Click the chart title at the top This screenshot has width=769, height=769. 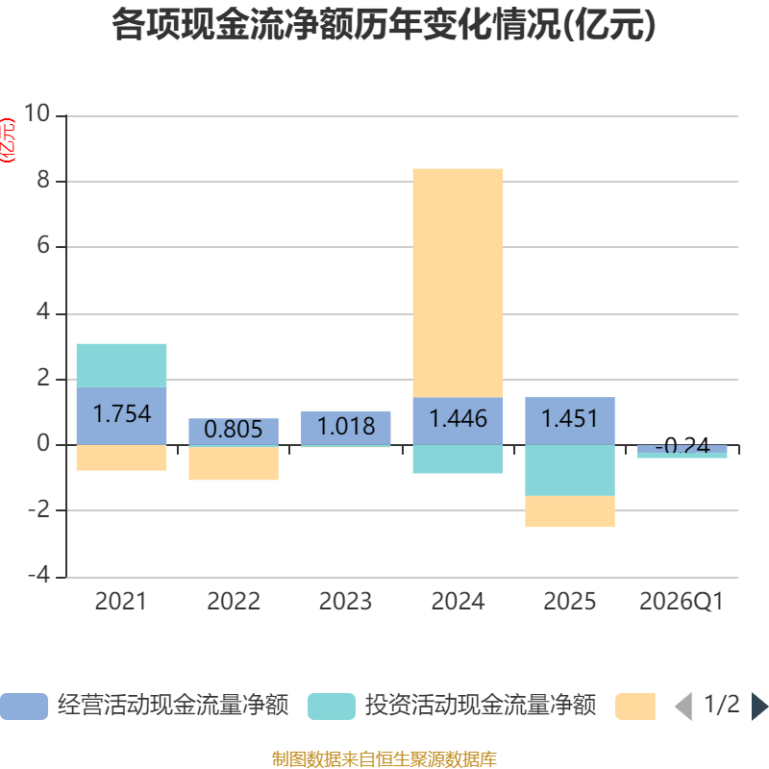(384, 25)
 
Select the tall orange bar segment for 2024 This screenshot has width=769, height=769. (458, 283)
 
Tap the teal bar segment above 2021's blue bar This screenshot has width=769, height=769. (122, 365)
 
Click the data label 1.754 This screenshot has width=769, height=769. (122, 413)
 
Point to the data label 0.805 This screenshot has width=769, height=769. (234, 429)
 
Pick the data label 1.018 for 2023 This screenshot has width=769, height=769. (346, 426)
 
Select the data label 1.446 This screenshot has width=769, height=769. (458, 418)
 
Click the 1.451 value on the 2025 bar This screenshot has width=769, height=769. (570, 418)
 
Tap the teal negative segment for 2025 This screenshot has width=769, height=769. (570, 470)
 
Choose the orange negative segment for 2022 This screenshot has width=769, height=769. (234, 463)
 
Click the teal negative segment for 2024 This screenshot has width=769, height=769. (458, 459)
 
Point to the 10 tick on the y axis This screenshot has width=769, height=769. (37, 113)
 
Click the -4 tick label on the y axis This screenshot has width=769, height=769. (38, 574)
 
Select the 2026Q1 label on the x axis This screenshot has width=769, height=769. (682, 602)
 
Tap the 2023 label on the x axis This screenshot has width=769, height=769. (346, 602)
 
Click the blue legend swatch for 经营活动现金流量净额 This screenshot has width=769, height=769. (24, 707)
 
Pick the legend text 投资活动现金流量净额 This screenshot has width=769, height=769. (481, 706)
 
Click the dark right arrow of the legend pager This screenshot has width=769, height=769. (759, 707)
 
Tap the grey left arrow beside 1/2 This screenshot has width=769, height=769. (683, 707)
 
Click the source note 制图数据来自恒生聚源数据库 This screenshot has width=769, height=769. (384, 758)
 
